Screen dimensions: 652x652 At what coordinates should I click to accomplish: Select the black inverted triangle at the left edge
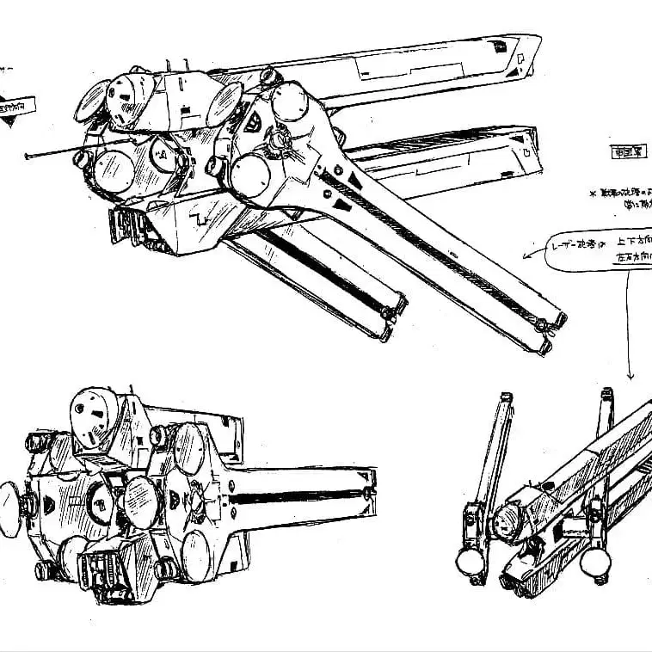click(x=9, y=121)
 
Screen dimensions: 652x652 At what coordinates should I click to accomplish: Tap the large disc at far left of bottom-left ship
click(x=9, y=509)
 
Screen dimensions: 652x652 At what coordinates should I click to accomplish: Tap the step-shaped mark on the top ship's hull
click(x=203, y=219)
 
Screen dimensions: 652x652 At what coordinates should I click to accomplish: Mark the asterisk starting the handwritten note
click(x=593, y=195)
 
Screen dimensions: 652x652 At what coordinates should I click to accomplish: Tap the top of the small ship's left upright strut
click(x=506, y=398)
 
